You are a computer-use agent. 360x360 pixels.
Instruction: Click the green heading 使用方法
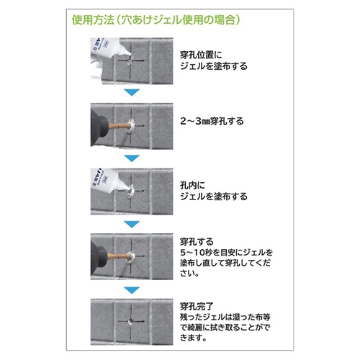coord(93,19)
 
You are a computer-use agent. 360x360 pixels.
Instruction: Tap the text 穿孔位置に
coord(201,55)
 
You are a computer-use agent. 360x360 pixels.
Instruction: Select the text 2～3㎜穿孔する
coord(212,121)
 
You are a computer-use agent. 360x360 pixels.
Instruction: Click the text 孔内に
coord(193,185)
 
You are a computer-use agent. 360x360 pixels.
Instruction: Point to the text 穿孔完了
coord(197,307)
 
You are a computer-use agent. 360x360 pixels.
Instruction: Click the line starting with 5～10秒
coord(227,253)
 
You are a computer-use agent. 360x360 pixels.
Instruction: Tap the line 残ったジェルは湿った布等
coord(225,317)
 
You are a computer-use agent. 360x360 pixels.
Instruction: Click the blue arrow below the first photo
coord(132,92)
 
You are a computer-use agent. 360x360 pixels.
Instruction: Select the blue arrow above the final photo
coord(132,290)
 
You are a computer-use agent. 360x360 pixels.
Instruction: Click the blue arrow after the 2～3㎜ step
coord(132,158)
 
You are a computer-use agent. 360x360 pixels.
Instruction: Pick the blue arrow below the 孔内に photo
coord(132,224)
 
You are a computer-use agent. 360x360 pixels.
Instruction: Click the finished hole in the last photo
coord(131,321)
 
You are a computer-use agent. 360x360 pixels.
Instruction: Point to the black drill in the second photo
coord(99,128)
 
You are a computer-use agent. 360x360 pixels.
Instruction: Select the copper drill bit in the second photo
coord(118,125)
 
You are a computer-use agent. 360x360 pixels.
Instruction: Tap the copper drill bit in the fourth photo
coord(117,256)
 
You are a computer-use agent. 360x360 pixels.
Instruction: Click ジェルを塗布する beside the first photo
coord(214,66)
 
